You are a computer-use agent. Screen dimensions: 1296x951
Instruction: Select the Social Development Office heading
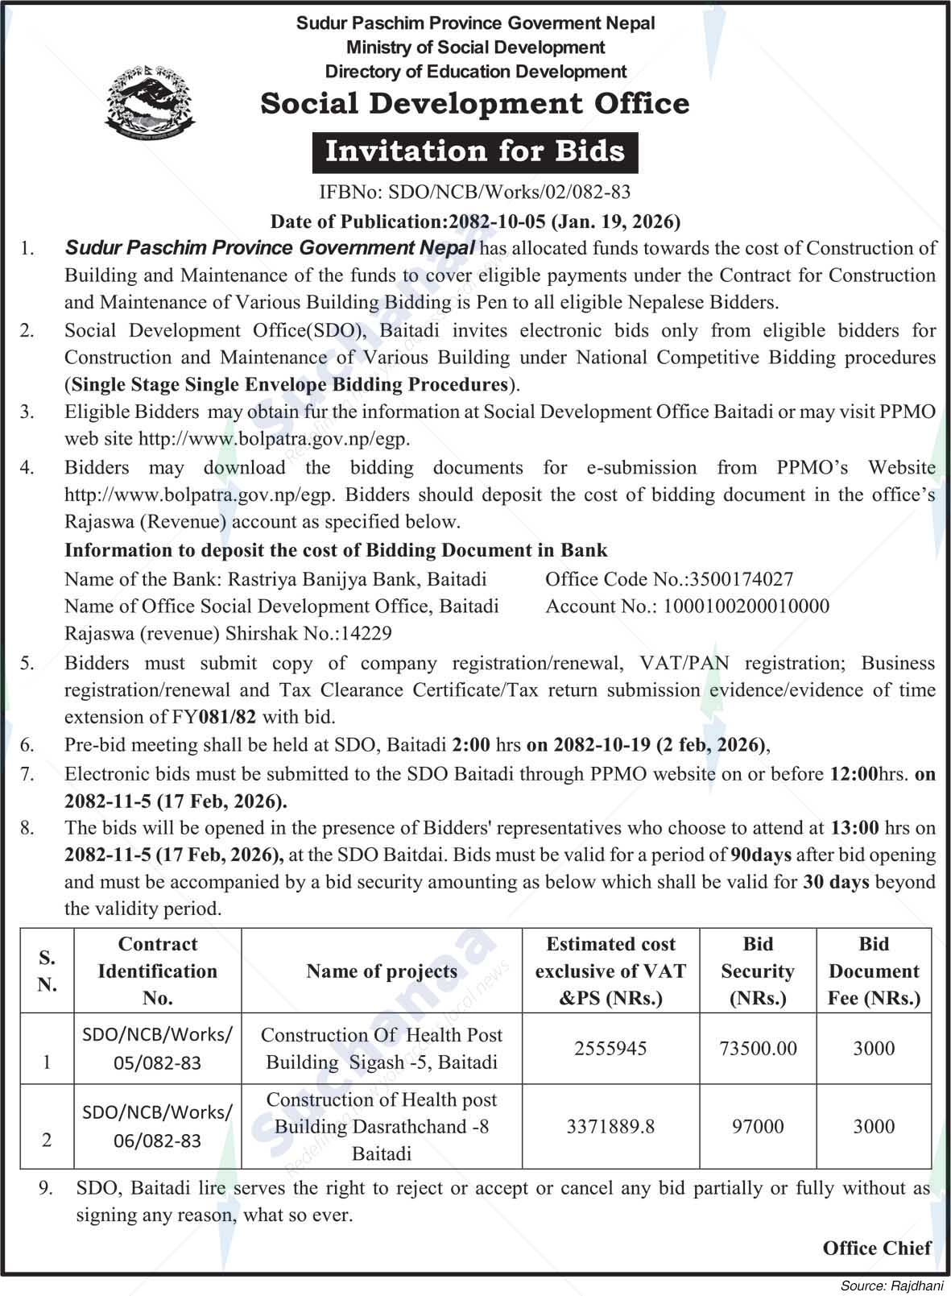475,104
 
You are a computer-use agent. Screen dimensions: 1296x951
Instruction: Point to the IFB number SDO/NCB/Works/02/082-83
509,192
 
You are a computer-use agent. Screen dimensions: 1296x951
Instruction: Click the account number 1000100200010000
746,607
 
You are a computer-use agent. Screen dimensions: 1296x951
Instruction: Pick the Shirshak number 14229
366,634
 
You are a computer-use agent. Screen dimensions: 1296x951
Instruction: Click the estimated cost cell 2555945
610,1048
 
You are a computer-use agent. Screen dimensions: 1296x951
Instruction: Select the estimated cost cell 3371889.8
610,1126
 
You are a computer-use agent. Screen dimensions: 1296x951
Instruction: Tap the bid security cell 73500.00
758,1048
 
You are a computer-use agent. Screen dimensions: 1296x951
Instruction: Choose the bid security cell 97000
758,1126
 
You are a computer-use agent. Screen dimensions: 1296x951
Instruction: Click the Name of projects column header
382,971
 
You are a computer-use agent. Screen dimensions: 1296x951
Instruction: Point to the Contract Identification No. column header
158,971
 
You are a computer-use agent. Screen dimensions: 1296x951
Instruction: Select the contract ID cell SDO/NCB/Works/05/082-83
158,1049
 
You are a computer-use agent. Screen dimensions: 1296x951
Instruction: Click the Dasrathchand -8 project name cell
382,1126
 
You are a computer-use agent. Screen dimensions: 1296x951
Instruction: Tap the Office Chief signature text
877,1248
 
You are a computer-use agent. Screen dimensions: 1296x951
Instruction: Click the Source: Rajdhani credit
893,1286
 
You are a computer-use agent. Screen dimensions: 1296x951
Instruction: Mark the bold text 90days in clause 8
761,855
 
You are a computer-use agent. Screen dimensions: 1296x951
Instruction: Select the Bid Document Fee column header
874,971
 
